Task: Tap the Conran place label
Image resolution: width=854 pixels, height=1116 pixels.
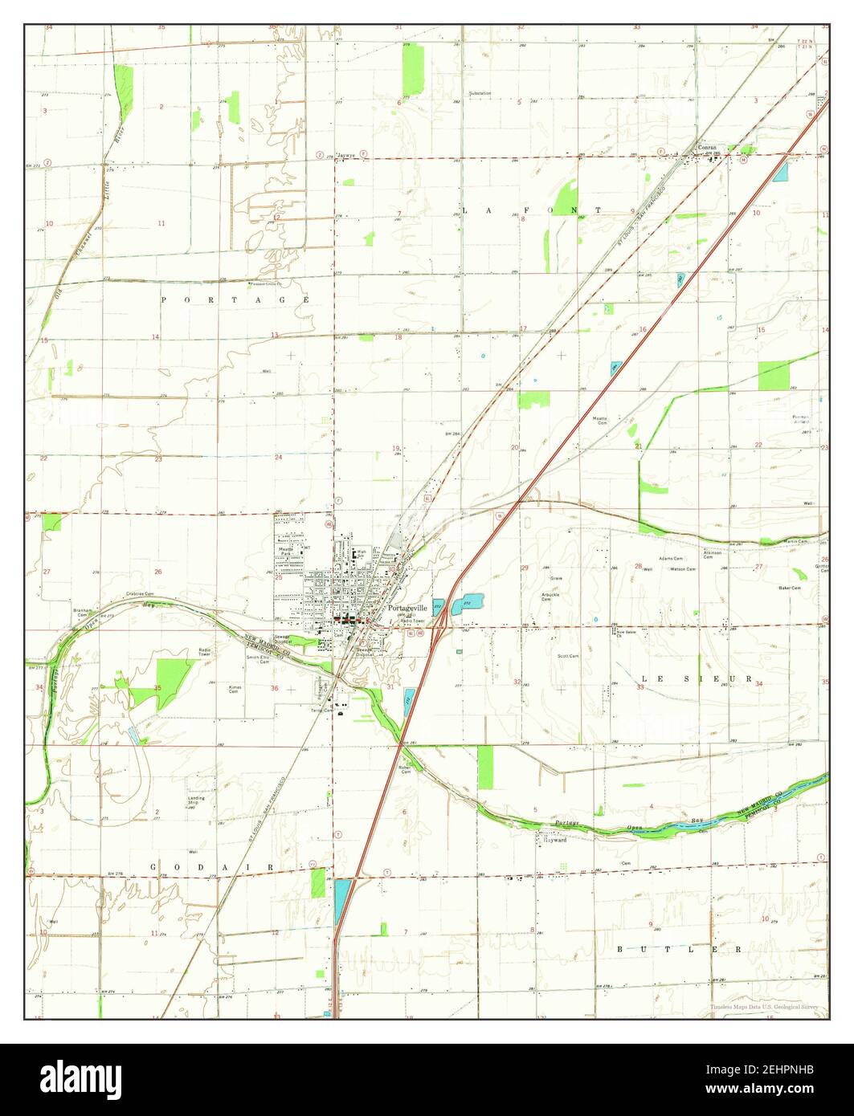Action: [x=706, y=148]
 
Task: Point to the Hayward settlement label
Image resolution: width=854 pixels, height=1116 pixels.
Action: [x=558, y=841]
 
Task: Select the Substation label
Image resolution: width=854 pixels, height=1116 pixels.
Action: [x=480, y=93]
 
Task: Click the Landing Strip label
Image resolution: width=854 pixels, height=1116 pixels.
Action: [x=197, y=800]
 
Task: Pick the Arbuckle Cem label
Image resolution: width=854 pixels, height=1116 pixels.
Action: [x=550, y=597]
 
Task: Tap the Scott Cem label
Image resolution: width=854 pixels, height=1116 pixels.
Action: [x=568, y=656]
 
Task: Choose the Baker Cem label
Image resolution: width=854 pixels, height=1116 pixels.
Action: [x=790, y=589]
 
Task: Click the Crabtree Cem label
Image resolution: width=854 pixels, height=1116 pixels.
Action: [x=139, y=594]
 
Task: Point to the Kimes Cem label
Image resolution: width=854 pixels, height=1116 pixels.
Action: [x=235, y=689]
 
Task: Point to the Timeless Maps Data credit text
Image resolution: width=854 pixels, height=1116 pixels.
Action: [x=763, y=1007]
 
